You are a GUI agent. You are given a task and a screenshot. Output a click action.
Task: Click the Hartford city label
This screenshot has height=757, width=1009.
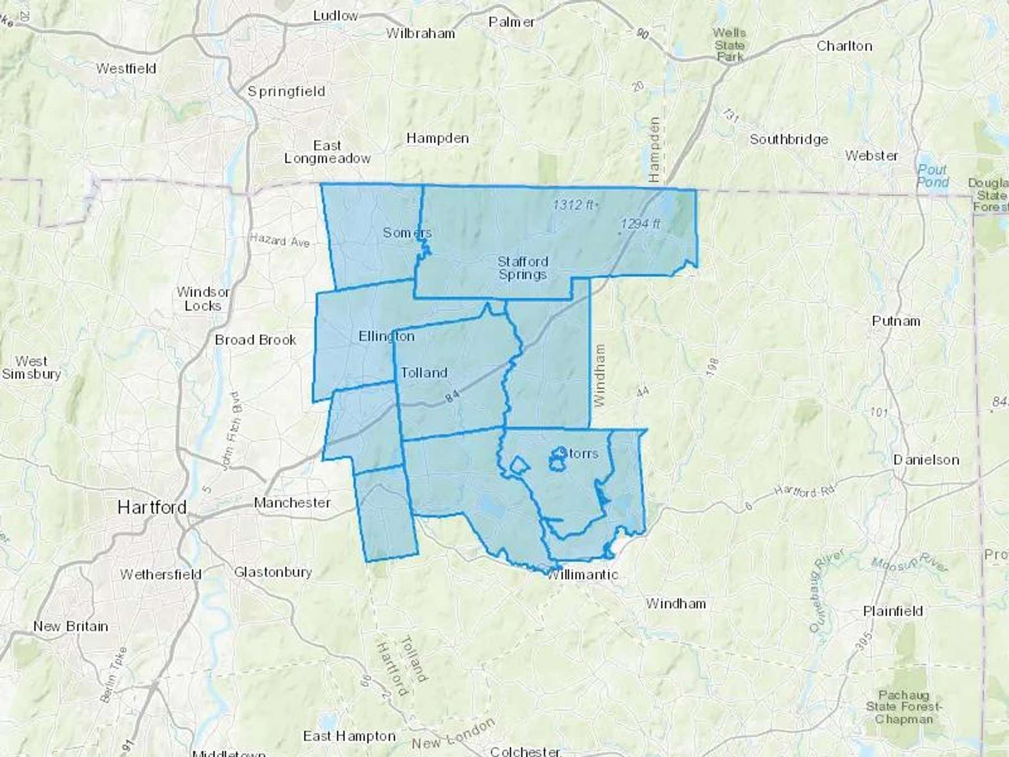[x=152, y=507]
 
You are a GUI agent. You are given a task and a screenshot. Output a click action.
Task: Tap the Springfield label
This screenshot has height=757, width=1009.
[x=286, y=91]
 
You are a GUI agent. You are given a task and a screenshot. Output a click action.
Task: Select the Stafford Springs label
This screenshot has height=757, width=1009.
[x=522, y=268]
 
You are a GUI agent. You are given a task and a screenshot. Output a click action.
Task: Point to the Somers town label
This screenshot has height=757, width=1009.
[x=407, y=232]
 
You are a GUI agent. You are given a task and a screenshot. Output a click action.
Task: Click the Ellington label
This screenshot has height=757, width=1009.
[x=386, y=336]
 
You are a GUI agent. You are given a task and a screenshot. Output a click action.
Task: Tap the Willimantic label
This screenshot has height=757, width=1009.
[x=583, y=574]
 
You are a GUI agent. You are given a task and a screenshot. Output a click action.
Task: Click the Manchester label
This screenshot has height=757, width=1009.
[x=292, y=502]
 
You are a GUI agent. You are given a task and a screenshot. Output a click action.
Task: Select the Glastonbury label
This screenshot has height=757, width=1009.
[x=272, y=572]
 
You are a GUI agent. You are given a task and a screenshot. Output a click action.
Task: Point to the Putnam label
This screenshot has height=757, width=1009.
[x=896, y=321]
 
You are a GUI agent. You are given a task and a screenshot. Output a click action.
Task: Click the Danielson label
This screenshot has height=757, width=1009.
[x=926, y=460]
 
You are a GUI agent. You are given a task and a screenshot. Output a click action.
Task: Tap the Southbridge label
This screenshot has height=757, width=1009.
[x=789, y=139]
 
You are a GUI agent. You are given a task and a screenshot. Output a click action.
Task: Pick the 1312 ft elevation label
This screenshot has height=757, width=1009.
[x=574, y=205]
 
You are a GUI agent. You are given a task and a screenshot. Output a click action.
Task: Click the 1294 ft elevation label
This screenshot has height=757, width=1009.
[x=640, y=224]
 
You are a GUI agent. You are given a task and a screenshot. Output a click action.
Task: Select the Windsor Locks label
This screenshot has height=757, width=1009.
[x=203, y=299]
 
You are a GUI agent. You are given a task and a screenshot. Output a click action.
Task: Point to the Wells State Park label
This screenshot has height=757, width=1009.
[x=729, y=45]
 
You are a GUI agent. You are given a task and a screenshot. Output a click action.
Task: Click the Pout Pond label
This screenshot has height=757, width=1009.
[x=933, y=176]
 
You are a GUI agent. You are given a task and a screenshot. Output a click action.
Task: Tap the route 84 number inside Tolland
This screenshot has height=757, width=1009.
[x=452, y=396]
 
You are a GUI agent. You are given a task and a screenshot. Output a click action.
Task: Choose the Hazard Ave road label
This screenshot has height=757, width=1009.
[x=280, y=240]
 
